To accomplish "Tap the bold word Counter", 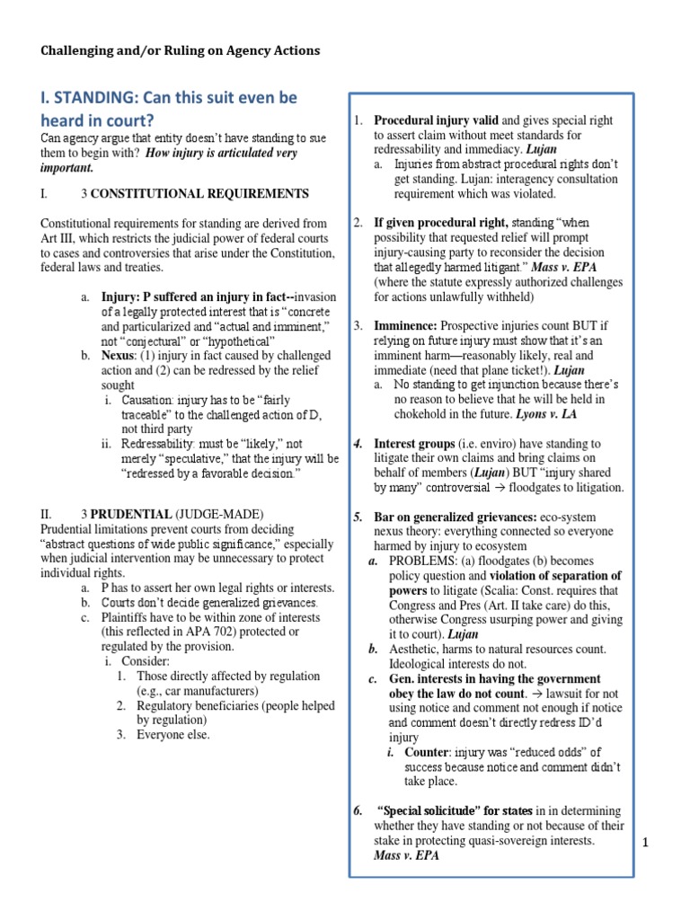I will pos(427,751).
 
